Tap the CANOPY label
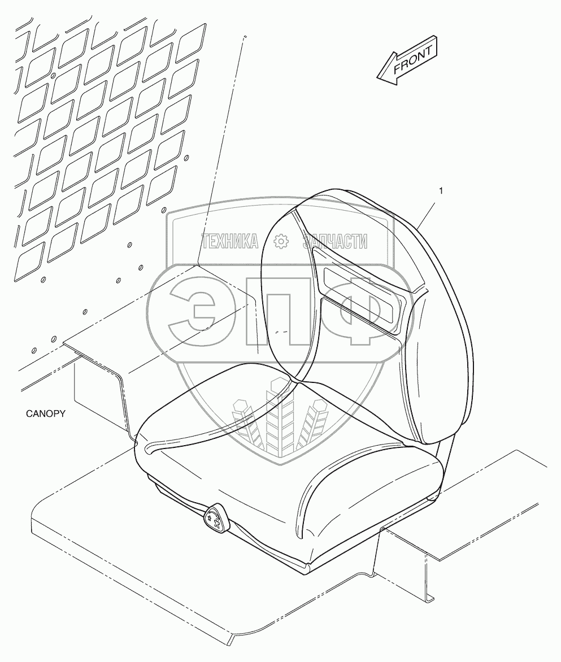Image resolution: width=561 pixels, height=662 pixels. click(x=46, y=413)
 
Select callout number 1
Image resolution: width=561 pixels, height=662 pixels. click(x=441, y=191)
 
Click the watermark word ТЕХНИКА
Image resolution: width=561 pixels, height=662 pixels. click(x=229, y=242)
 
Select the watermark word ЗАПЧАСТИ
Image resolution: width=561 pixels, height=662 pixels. click(x=334, y=242)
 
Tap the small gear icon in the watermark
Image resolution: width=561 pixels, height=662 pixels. click(x=281, y=242)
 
